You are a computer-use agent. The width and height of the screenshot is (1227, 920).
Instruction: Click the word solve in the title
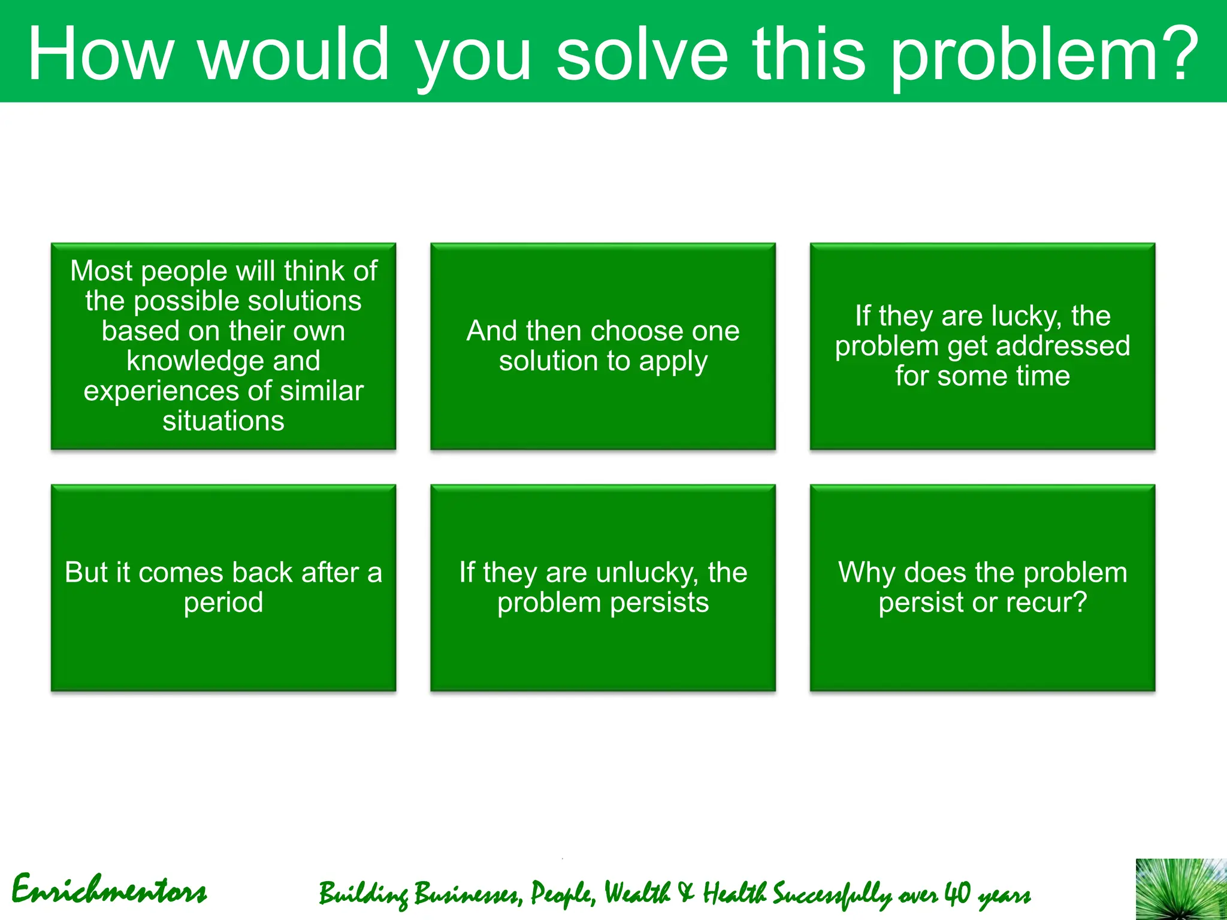[x=642, y=55]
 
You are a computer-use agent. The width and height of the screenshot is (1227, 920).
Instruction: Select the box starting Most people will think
[x=223, y=346]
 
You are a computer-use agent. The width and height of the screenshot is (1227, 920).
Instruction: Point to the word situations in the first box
[x=223, y=421]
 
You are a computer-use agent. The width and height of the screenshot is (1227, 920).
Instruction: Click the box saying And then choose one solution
[x=603, y=346]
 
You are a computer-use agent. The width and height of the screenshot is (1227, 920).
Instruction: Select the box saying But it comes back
[x=223, y=587]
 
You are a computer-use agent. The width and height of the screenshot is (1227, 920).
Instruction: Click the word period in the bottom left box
[x=223, y=603]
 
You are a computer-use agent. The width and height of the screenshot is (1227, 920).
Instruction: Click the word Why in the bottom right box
[x=866, y=573]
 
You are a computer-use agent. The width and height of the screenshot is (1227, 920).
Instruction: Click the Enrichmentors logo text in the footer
[x=109, y=891]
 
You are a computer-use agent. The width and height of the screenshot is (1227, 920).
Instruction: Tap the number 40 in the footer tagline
[x=957, y=893]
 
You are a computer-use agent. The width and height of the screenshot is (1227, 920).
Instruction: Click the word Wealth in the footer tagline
[x=637, y=893]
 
